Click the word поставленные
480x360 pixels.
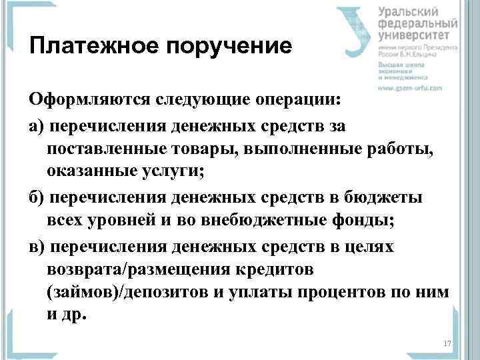[x=108, y=149]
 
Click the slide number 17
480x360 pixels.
[x=447, y=343]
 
